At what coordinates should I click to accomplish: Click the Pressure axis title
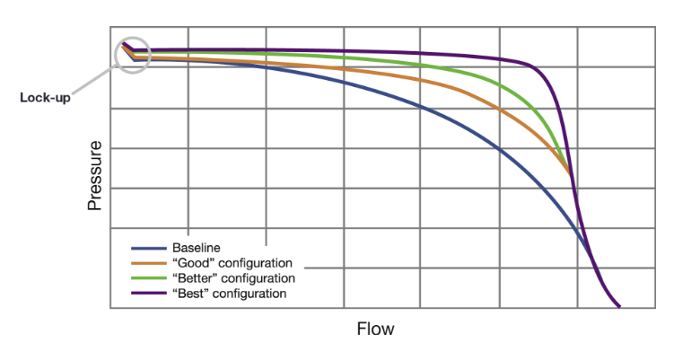pos(94,175)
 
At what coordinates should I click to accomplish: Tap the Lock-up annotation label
pos(45,97)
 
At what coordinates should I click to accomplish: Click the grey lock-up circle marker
pos(133,55)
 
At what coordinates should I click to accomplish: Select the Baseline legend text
pos(197,248)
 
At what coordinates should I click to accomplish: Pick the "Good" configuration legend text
pos(232,263)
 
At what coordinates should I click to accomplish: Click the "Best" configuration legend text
pos(230,294)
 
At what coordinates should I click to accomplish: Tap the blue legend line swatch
pos(149,248)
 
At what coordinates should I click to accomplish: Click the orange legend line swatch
pos(149,263)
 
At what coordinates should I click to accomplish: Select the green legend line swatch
pos(149,278)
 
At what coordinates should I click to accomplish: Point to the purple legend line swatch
pos(149,294)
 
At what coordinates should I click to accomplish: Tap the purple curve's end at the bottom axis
pos(619,307)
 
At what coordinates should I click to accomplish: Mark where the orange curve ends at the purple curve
pos(571,176)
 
